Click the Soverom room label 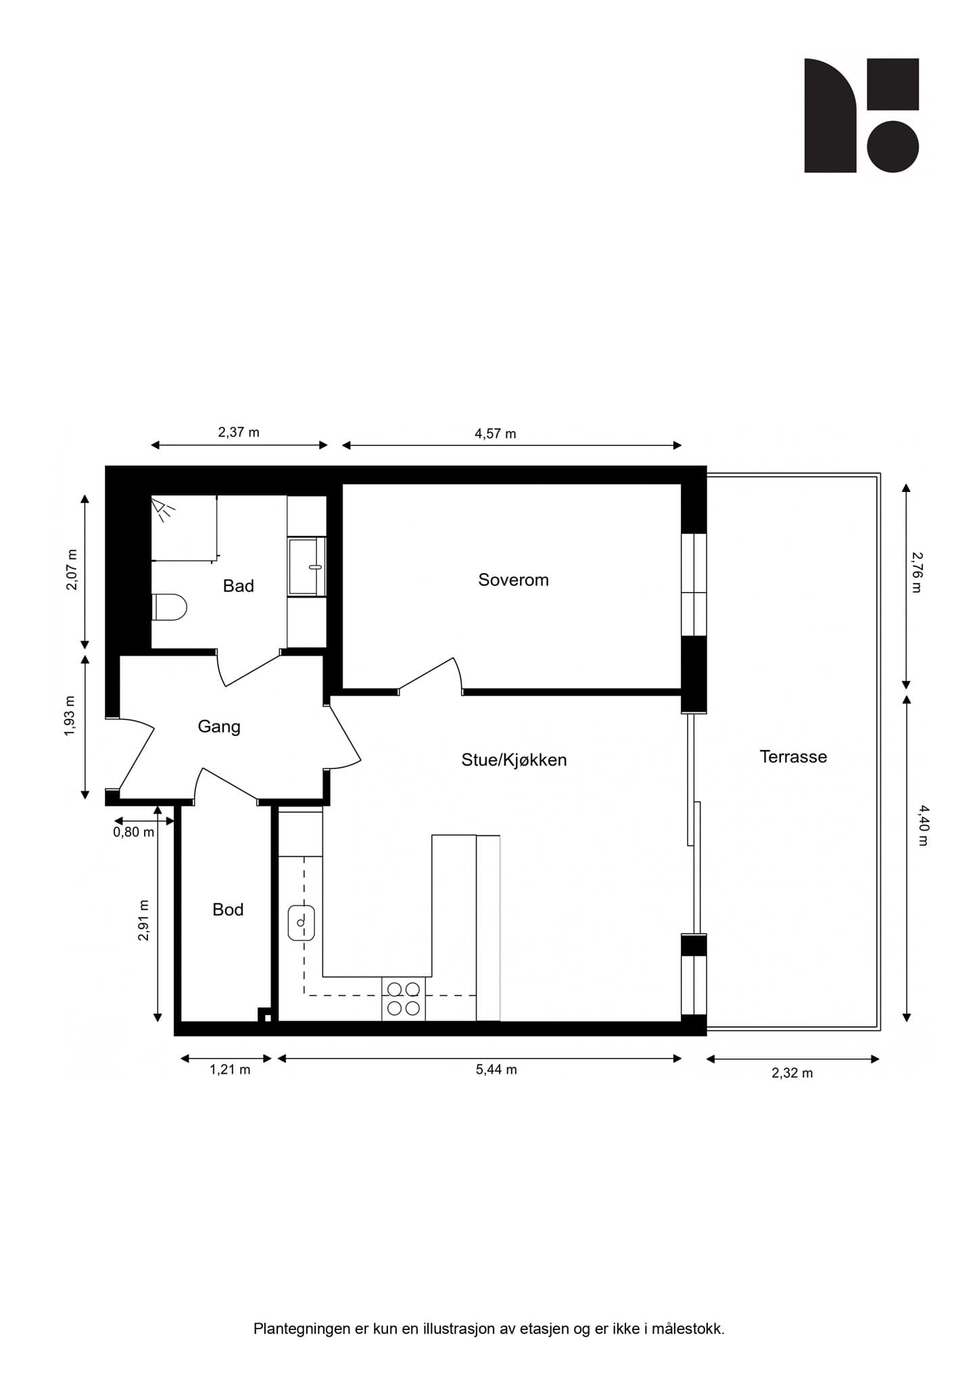[x=513, y=580]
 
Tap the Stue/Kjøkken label [x=514, y=760]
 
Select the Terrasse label [x=793, y=756]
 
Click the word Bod [x=228, y=910]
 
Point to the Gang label [x=218, y=726]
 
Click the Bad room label [x=238, y=586]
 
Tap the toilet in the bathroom [x=169, y=607]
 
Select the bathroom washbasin [x=307, y=566]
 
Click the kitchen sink [x=302, y=922]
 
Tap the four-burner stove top [x=403, y=999]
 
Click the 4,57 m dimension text [x=495, y=434]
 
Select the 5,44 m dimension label [x=496, y=1069]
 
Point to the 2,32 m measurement [x=792, y=1073]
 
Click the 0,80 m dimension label [x=133, y=833]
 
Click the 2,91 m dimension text [x=143, y=920]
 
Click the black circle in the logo [x=892, y=147]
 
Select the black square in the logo [x=892, y=84]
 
